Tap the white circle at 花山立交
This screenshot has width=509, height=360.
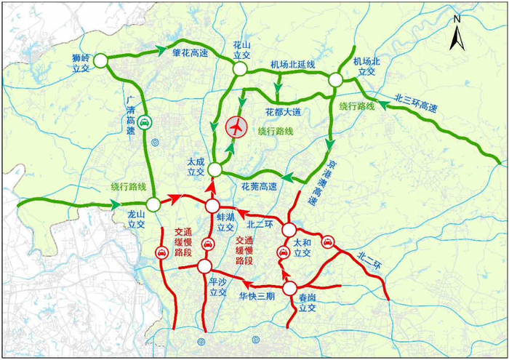pos(239,68)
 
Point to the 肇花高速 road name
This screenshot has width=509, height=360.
pos(190,53)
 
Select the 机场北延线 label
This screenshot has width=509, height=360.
pos(293,65)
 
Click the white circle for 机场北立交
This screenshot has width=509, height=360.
pos(335,80)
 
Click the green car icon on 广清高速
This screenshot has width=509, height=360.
pos(145,123)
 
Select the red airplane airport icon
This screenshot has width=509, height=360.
pos(236,127)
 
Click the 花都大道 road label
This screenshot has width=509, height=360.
pos(283,112)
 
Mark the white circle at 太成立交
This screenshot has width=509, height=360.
pos(215,169)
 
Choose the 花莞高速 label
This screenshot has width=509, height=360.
pos(259,187)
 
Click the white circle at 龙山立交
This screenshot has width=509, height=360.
pos(153,204)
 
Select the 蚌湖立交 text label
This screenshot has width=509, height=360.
pos(225,222)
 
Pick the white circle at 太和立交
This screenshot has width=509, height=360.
pos(289,231)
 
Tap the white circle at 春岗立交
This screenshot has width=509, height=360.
pos(290,288)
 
